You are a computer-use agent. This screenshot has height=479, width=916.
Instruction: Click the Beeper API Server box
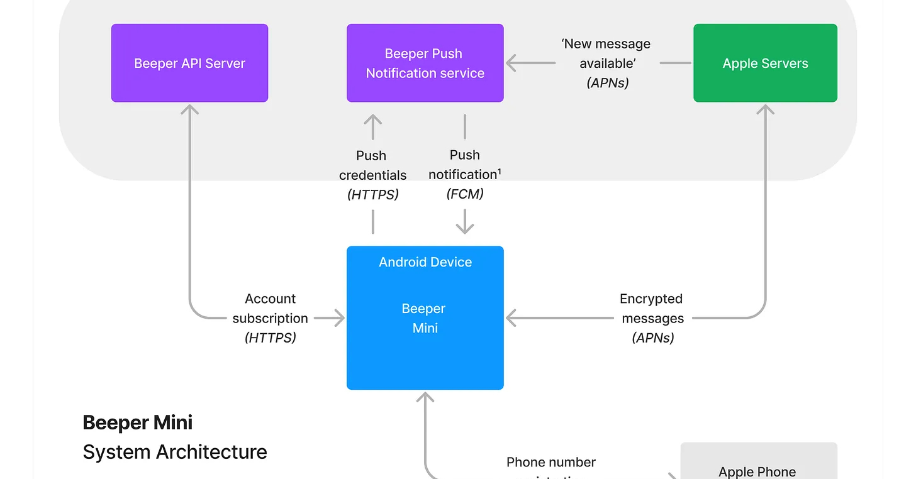point(189,63)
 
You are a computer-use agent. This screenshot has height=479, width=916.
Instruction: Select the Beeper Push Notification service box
point(425,63)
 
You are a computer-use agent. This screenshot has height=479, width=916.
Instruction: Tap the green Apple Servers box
point(765,63)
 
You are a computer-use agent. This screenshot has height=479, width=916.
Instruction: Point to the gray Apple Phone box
point(758,465)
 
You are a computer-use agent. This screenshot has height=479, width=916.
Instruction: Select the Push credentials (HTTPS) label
point(373,175)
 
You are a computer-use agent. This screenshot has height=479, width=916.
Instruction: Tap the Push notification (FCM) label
point(465,174)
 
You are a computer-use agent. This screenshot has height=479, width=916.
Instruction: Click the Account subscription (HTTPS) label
point(271,318)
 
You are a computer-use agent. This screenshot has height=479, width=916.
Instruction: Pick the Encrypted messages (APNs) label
point(652,318)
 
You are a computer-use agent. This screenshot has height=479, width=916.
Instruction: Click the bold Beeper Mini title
point(137,422)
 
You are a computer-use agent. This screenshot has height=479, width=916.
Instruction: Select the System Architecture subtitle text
point(175,452)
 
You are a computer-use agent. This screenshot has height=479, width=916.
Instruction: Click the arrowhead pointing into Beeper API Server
point(189,109)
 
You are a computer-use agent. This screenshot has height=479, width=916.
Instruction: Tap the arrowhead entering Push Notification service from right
point(512,63)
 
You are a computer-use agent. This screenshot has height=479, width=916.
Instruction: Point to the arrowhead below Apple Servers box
point(765,109)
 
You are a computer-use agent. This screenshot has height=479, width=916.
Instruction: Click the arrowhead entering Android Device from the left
point(339,318)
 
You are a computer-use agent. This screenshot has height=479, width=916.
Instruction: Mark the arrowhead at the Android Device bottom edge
point(425,397)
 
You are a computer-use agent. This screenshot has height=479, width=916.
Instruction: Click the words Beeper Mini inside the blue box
point(425,318)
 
